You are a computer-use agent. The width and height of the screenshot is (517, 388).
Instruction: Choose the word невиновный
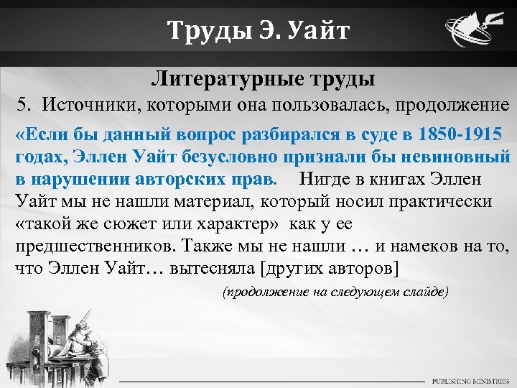click(x=457, y=157)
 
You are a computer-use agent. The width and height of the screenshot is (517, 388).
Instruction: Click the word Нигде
click(x=326, y=178)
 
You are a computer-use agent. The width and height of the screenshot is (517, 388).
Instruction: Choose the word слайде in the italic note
click(x=422, y=292)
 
